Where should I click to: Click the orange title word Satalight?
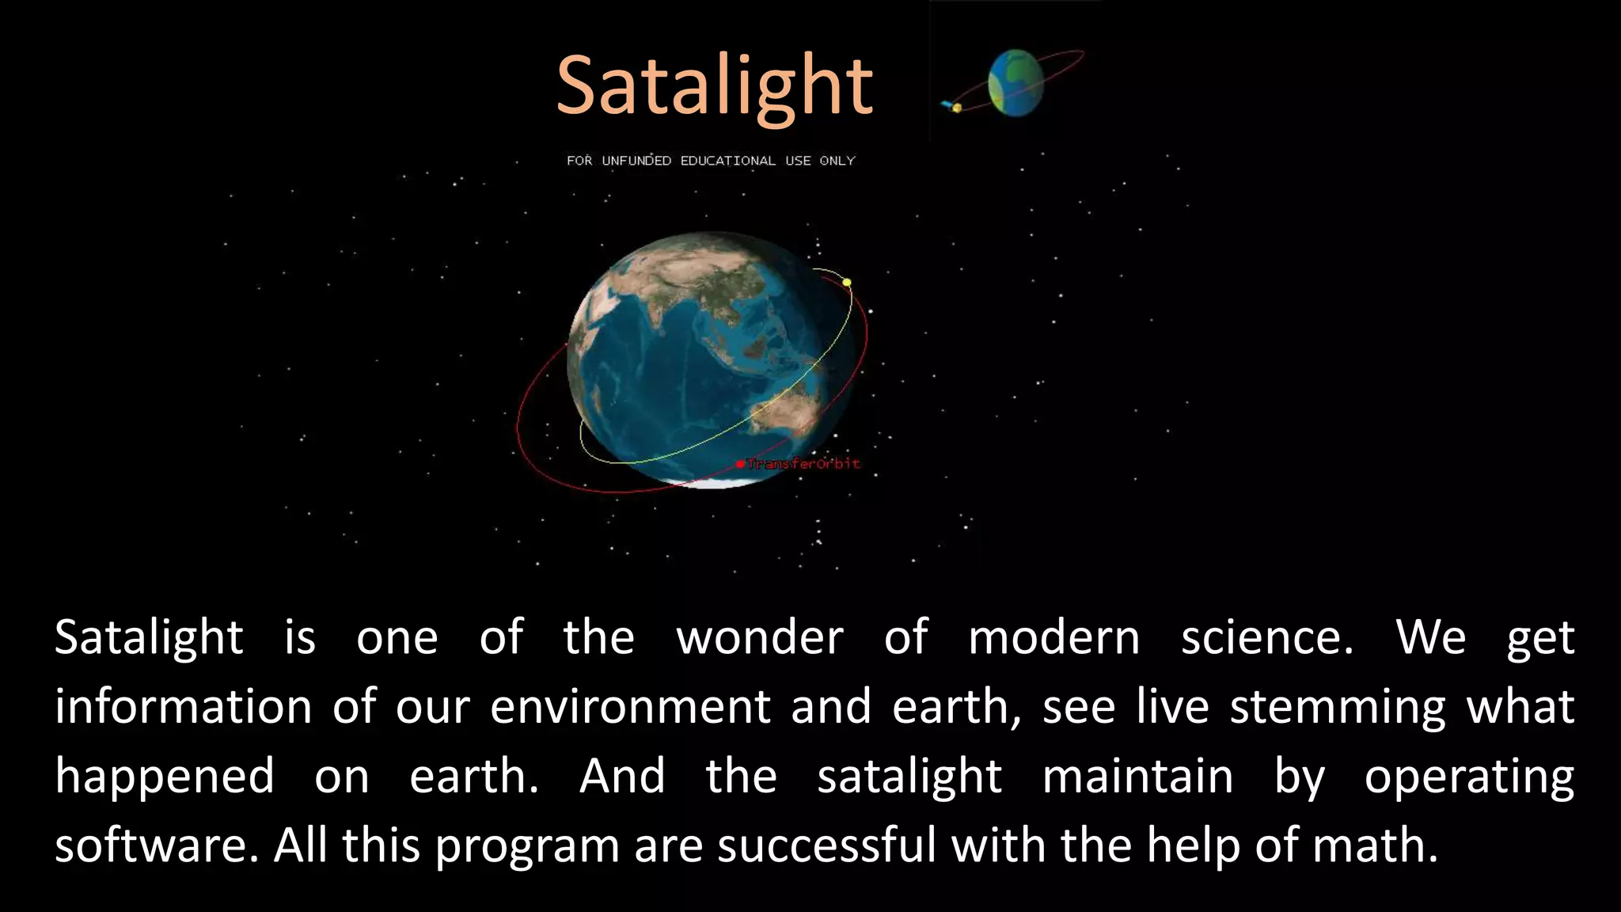(714, 85)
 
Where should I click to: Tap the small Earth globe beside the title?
(1015, 83)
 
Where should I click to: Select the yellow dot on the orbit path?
(847, 283)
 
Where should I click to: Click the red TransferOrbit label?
(803, 464)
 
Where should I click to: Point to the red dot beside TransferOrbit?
(740, 464)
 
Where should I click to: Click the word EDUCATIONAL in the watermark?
(727, 161)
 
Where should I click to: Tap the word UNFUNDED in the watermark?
(636, 161)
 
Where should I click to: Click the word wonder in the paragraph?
(759, 638)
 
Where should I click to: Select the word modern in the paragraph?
(1053, 638)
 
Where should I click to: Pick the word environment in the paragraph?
(630, 707)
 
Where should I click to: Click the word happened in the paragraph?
(165, 777)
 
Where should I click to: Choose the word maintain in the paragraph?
(1137, 777)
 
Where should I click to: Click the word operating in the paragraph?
(1469, 777)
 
